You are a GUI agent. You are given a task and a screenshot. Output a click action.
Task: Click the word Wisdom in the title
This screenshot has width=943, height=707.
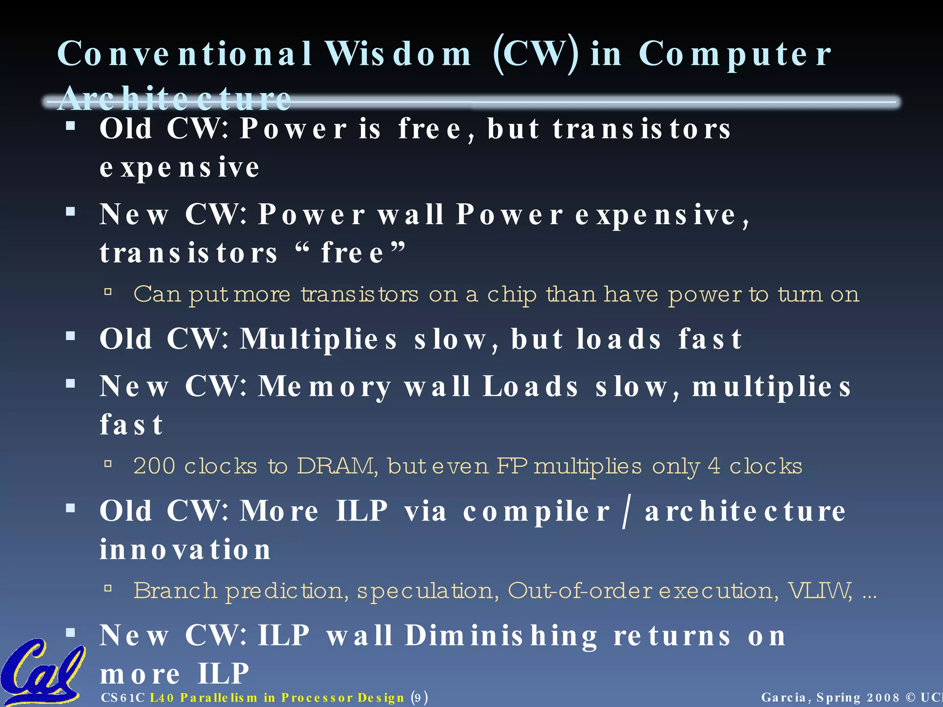[398, 54]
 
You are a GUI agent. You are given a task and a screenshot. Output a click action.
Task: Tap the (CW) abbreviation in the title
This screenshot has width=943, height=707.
[536, 54]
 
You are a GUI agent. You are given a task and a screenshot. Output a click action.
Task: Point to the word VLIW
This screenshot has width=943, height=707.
[820, 590]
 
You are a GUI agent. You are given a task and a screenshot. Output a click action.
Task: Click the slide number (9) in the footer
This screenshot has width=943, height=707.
[419, 697]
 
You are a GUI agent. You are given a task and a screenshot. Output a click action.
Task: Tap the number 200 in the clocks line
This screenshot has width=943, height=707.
[154, 466]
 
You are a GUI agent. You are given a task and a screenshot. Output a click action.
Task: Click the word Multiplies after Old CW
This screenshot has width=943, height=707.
[318, 340]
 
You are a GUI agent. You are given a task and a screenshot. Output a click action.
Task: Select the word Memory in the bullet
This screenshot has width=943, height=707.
[325, 387]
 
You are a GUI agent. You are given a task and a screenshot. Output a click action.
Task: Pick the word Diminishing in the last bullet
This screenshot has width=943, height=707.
[501, 636]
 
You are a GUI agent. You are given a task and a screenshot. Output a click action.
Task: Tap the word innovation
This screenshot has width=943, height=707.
[185, 550]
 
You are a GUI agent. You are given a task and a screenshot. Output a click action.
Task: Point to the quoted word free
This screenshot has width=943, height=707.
[352, 253]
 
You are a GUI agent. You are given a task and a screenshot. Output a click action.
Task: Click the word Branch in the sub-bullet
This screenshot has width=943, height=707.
[175, 590]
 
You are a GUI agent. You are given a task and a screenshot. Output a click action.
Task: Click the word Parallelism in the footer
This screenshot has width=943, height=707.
[219, 697]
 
